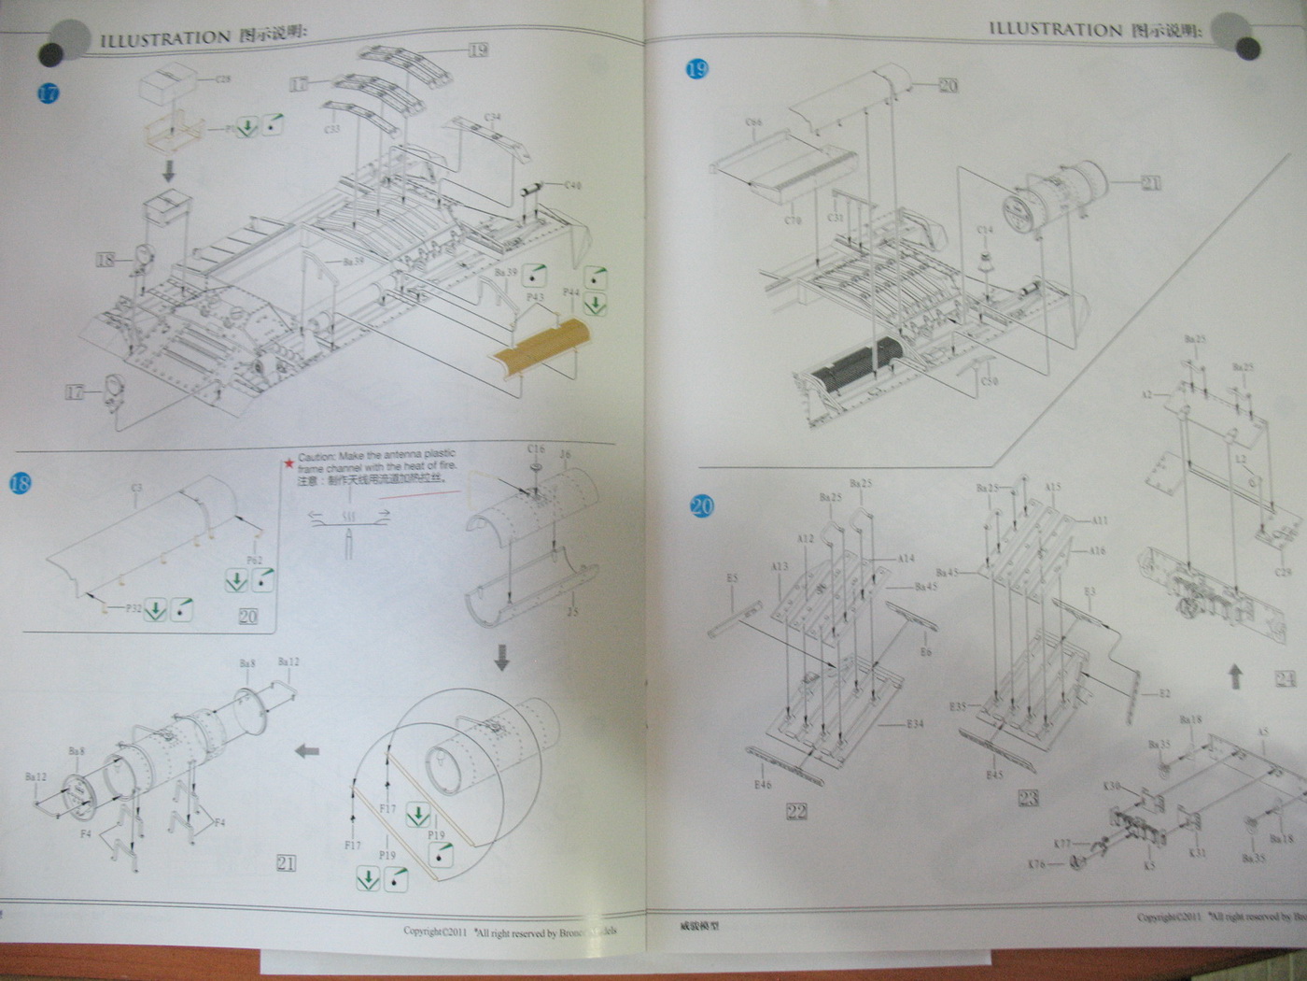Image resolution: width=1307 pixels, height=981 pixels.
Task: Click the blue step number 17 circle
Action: [46, 93]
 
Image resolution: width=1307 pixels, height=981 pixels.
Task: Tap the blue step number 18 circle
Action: [20, 484]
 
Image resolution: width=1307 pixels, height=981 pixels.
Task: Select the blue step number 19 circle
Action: [696, 68]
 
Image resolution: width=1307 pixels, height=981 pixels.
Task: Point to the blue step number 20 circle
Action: [700, 506]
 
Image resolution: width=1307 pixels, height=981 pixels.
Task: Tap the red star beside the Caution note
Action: [290, 461]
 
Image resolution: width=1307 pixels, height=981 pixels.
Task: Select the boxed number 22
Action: [796, 811]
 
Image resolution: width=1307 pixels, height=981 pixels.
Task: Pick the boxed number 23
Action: [1029, 798]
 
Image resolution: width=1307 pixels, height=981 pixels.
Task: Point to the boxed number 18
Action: [105, 259]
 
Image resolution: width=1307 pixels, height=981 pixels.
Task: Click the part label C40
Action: [572, 186]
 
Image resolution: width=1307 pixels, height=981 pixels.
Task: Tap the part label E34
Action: [915, 723]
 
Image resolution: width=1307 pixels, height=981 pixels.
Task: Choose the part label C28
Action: [223, 79]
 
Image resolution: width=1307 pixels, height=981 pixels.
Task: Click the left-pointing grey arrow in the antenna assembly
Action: [307, 750]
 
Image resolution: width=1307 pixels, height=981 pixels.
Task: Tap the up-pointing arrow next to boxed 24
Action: [1235, 675]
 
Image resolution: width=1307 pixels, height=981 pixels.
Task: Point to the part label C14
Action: [985, 229]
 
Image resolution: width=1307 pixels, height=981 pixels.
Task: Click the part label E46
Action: [763, 785]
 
